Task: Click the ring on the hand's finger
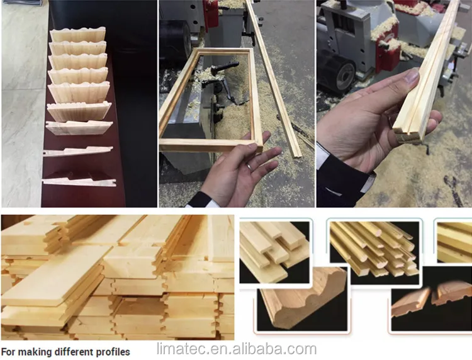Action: (x=250, y=166)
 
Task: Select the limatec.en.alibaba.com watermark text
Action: (x=237, y=349)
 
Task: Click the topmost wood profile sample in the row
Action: (x=77, y=35)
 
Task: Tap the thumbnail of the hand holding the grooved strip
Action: (x=394, y=104)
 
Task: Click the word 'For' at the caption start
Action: (x=8, y=352)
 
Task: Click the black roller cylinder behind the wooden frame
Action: (x=176, y=38)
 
